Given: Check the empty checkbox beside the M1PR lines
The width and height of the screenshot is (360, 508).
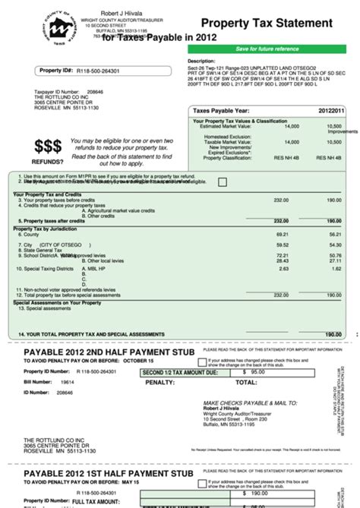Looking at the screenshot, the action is click(222, 182).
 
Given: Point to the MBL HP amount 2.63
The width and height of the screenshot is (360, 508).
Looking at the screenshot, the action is click(284, 269).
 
